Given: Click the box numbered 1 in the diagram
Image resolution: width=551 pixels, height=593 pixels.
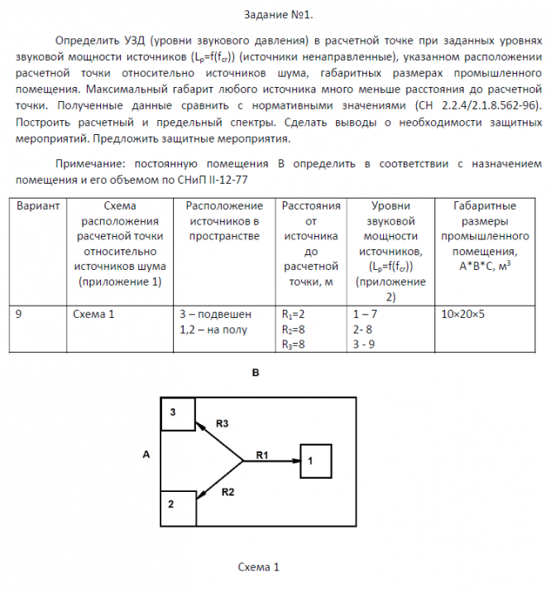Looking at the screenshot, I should pos(315,460).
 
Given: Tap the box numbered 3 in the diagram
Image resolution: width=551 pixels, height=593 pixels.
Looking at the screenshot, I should pos(178,414).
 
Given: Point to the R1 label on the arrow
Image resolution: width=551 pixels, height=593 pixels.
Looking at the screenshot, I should pos(263,454).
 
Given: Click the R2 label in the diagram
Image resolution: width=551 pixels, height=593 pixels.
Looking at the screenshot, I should pos(229,492).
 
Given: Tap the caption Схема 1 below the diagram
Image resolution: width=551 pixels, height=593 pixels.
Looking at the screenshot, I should pos(258,567).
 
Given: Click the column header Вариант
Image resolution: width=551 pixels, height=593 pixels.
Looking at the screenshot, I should pos(38,205).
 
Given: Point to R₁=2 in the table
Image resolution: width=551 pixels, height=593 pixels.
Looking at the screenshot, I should pos(294,315).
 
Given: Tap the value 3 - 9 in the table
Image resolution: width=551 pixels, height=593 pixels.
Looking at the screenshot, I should pos(364,345).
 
